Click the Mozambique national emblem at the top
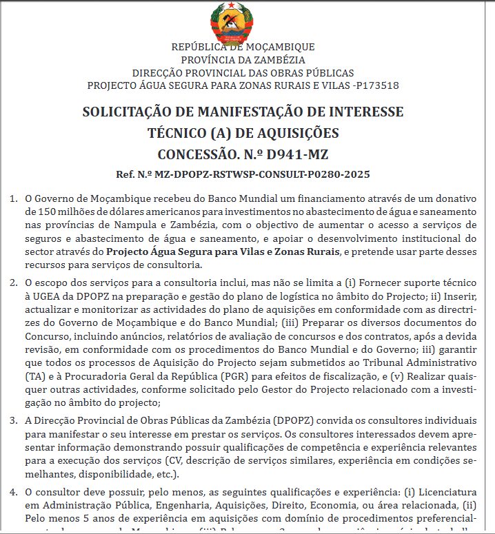[x=243, y=21]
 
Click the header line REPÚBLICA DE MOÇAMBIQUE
[x=243, y=47]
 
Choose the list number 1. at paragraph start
[x=14, y=199]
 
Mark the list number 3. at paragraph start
[x=14, y=420]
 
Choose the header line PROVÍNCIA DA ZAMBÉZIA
[x=243, y=60]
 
